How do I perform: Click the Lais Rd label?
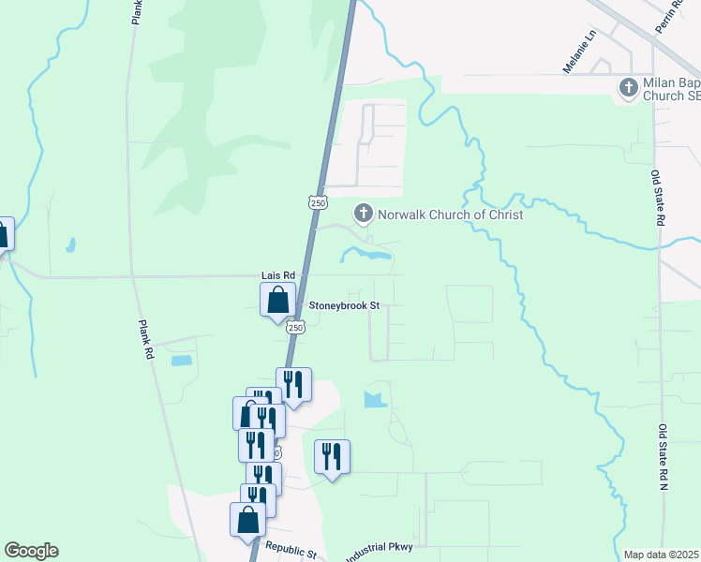coord(277,275)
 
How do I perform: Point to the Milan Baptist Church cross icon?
coord(628,88)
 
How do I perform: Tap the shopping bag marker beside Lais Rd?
coord(277,301)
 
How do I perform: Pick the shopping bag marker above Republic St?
coord(247,520)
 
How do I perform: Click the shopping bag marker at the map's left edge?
coord(3,234)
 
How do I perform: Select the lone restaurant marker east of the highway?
coord(332,457)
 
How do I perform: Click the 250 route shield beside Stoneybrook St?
coord(296,328)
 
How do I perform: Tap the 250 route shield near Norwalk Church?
coord(318,202)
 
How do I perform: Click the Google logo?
coord(31,551)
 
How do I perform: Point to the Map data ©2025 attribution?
coord(661,555)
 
